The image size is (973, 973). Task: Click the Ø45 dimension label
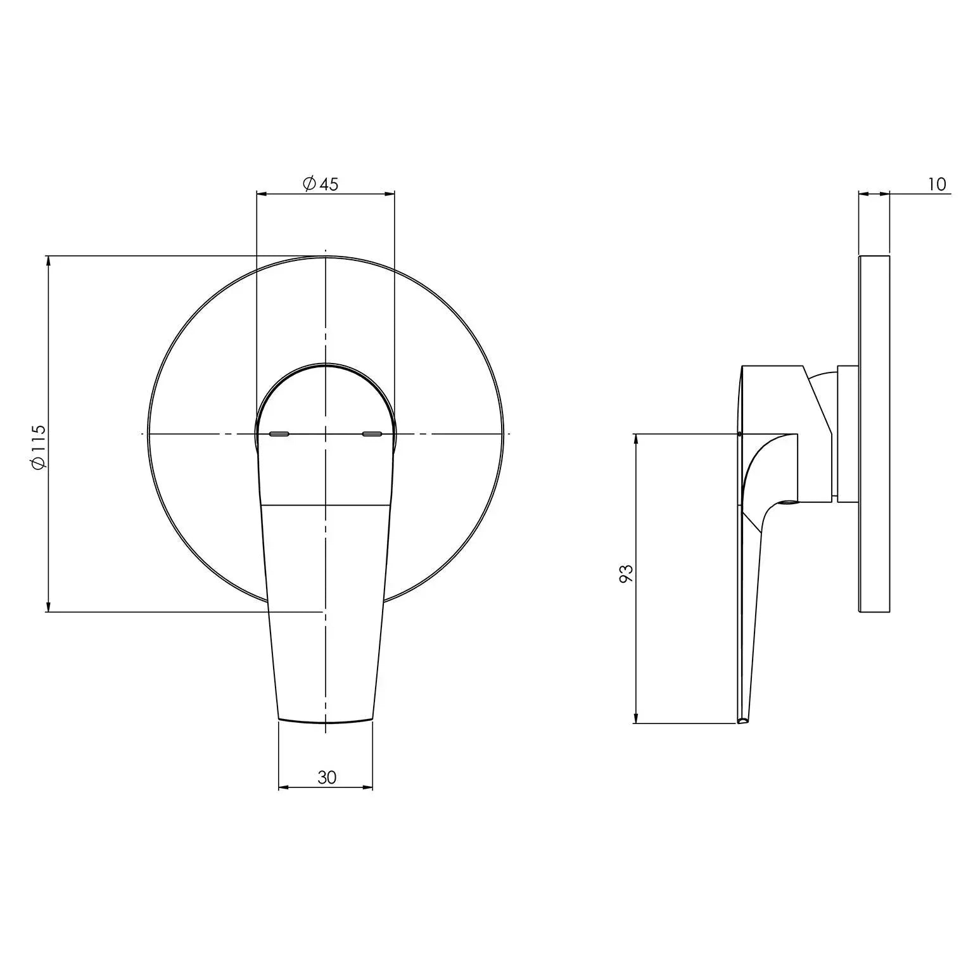tap(321, 184)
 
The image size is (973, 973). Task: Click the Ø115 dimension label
tap(38, 447)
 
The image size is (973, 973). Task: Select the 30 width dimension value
tap(327, 777)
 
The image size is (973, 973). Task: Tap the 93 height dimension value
tap(626, 573)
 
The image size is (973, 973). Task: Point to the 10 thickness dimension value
tap(937, 184)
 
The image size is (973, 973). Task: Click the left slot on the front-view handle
tap(279, 434)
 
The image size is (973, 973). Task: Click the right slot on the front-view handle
tap(372, 434)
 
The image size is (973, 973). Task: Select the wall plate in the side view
tap(874, 434)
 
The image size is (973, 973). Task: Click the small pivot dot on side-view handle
tap(740, 434)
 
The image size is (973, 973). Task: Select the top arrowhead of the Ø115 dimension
tap(48, 260)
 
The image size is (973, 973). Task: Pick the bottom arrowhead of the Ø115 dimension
tap(48, 608)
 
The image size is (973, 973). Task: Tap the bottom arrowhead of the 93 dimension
tap(635, 720)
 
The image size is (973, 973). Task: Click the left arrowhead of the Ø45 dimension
tap(260, 194)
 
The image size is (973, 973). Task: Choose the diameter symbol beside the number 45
tap(309, 184)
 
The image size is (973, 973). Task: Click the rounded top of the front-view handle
tap(325, 366)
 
